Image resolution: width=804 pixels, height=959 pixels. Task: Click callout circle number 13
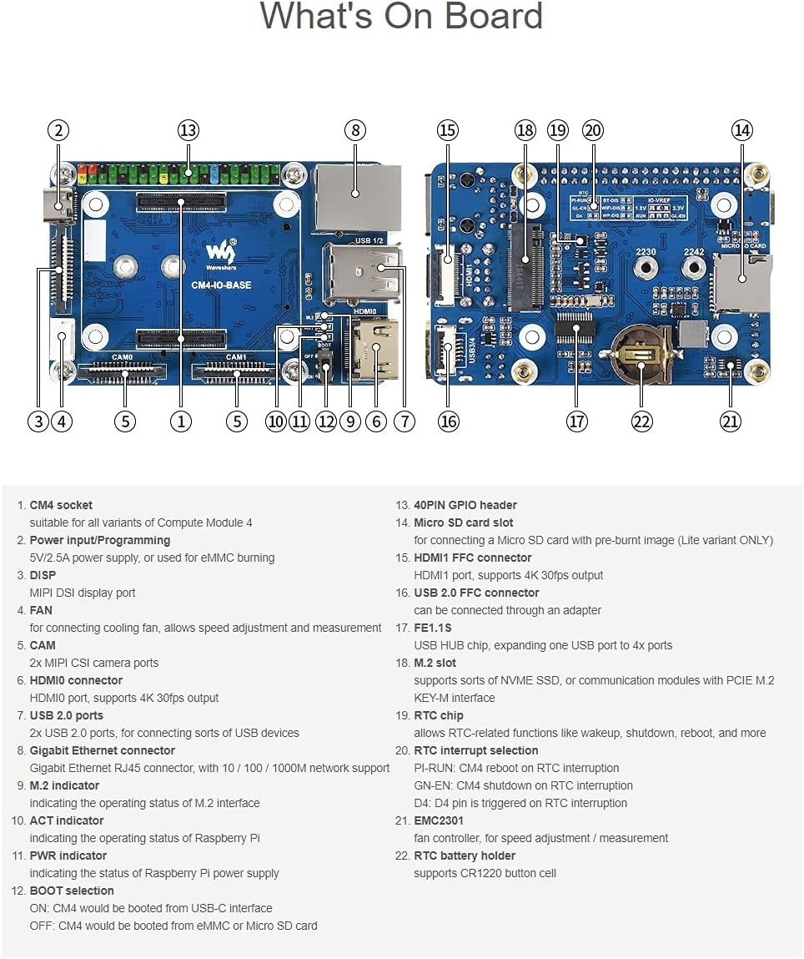click(188, 130)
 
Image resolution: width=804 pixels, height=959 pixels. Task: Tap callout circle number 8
click(355, 130)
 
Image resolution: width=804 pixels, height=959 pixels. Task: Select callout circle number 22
click(641, 421)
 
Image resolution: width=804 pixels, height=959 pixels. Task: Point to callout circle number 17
click(577, 421)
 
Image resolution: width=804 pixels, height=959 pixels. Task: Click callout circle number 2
click(58, 130)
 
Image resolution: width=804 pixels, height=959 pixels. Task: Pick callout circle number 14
click(741, 130)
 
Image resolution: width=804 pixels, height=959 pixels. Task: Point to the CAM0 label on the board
click(123, 356)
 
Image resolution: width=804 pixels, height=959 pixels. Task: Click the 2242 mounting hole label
click(694, 252)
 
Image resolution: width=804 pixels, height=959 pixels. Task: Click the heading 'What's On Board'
click(401, 17)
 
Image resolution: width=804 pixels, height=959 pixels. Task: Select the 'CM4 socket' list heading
click(61, 505)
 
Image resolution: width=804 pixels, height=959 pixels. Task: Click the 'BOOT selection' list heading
click(72, 891)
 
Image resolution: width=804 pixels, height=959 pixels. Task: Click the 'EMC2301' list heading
click(439, 820)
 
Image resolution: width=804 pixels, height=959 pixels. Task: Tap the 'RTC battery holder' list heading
click(465, 856)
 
